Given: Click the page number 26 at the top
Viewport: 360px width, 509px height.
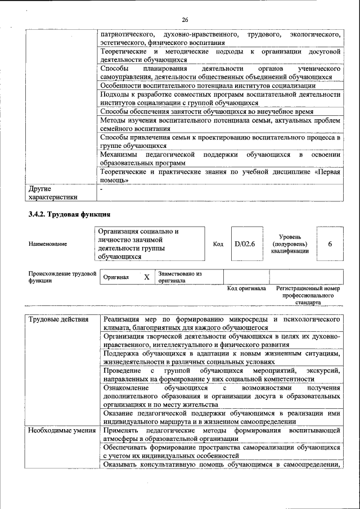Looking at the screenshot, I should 184,20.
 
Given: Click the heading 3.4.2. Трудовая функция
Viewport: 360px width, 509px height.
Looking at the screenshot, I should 69,214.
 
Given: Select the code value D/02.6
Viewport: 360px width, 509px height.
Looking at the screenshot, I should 245,244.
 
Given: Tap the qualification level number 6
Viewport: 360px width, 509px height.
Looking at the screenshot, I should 330,244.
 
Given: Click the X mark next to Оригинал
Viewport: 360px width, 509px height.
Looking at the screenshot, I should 146,277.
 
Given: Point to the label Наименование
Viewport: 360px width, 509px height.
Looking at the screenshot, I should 48,244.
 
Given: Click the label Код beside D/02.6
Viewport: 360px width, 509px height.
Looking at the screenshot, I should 218,244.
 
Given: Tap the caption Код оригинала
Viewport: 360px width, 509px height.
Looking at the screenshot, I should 246,288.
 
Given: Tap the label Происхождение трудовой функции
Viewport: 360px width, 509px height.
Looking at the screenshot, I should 62,277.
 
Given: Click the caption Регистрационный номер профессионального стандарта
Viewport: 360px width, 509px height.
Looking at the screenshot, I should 308,295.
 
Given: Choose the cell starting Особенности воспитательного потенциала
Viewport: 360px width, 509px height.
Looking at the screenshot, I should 208,85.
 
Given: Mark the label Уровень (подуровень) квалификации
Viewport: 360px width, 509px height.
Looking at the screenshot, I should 290,244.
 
